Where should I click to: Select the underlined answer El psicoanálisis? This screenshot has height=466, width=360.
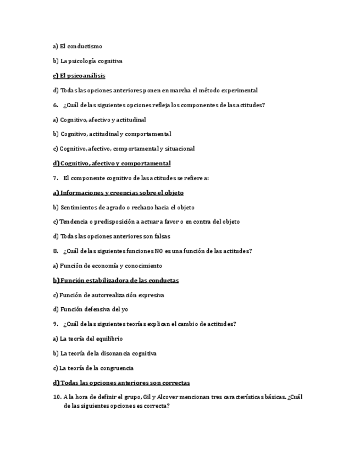pyautogui.click(x=79, y=76)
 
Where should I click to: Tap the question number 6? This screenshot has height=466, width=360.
pyautogui.click(x=56, y=105)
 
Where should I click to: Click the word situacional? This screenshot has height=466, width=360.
pyautogui.click(x=179, y=148)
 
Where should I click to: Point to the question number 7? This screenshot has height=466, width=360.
pyautogui.click(x=56, y=178)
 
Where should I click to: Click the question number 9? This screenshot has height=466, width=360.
pyautogui.click(x=56, y=324)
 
